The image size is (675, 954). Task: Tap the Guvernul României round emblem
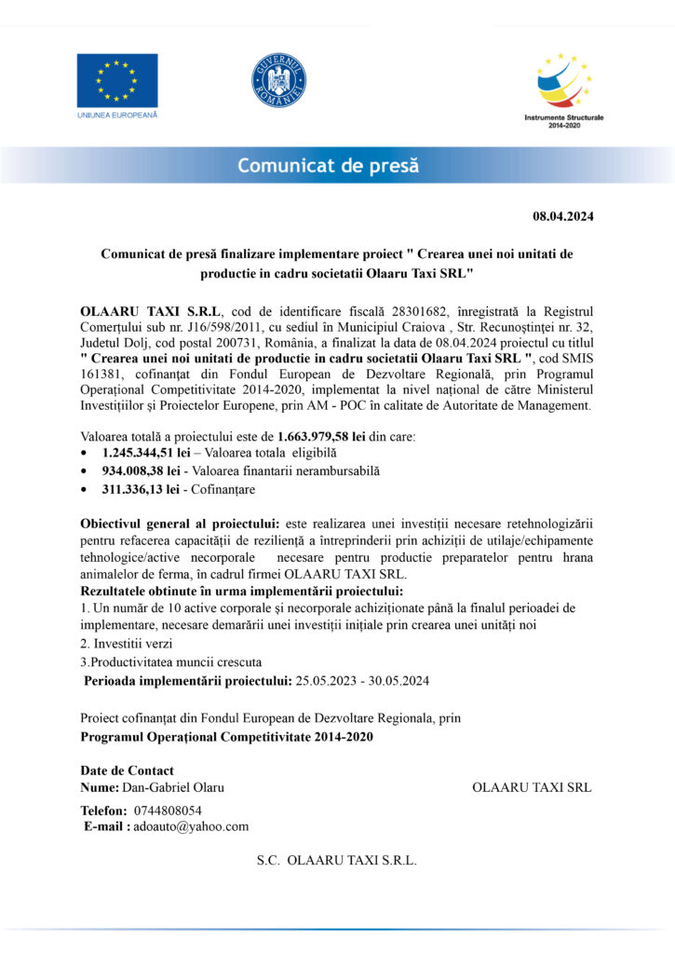point(278,80)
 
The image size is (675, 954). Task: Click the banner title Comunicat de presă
point(328,167)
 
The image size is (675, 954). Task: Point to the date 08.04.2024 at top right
point(562,217)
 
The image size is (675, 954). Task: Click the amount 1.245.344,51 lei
point(145,452)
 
